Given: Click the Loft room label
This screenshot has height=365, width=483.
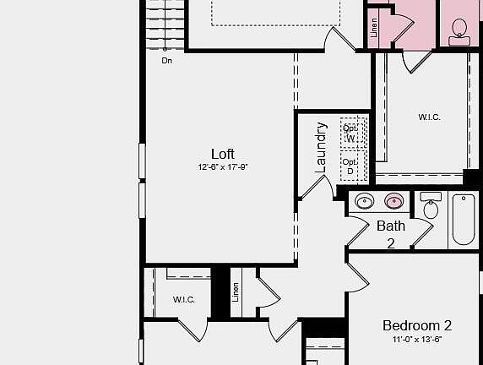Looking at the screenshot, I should (x=223, y=154).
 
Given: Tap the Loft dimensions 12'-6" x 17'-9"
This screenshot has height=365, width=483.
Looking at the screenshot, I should (x=223, y=167).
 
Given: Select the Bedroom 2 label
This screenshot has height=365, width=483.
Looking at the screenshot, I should (x=417, y=325).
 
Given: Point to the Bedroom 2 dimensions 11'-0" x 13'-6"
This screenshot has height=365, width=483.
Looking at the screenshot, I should (x=417, y=340).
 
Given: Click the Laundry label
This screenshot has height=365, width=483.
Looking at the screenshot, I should (x=321, y=148).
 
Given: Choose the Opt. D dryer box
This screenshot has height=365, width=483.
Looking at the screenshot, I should (x=350, y=166).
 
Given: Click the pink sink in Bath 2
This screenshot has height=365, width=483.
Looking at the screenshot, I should (x=393, y=202).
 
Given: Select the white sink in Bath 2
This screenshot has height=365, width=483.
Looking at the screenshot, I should (x=365, y=202).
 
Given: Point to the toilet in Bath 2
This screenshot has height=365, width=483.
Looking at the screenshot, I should (x=431, y=206).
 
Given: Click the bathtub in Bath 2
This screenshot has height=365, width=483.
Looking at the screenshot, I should (x=464, y=219).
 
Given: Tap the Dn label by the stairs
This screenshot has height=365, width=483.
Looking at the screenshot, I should (x=167, y=61).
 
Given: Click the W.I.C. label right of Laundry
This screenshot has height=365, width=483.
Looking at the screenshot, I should (x=429, y=117).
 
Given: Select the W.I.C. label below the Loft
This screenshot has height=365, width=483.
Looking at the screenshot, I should (x=184, y=299).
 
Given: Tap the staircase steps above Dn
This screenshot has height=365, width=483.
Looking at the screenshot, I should (x=164, y=25).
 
